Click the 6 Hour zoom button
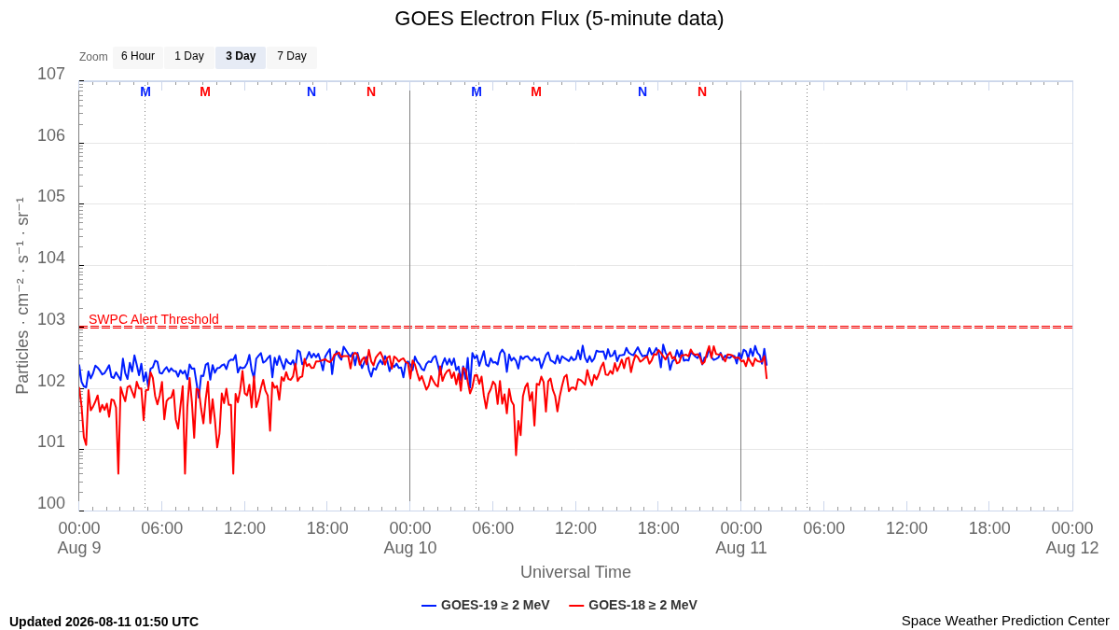(138, 57)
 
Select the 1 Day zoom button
(189, 57)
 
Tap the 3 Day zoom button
(241, 57)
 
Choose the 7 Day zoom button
(292, 57)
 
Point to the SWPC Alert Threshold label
(154, 319)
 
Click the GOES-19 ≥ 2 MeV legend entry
(486, 605)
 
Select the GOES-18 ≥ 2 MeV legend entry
(633, 605)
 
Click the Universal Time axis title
(575, 571)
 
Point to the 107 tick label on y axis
(51, 74)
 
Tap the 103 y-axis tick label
(51, 319)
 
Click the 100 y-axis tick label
(51, 503)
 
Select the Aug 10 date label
(410, 548)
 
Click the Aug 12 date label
(1072, 548)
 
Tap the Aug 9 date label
(79, 548)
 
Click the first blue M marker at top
(145, 92)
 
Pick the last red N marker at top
(702, 92)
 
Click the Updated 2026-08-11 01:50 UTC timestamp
(104, 622)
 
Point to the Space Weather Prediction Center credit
(1005, 621)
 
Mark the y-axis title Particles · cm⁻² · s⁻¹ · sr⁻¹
(22, 296)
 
